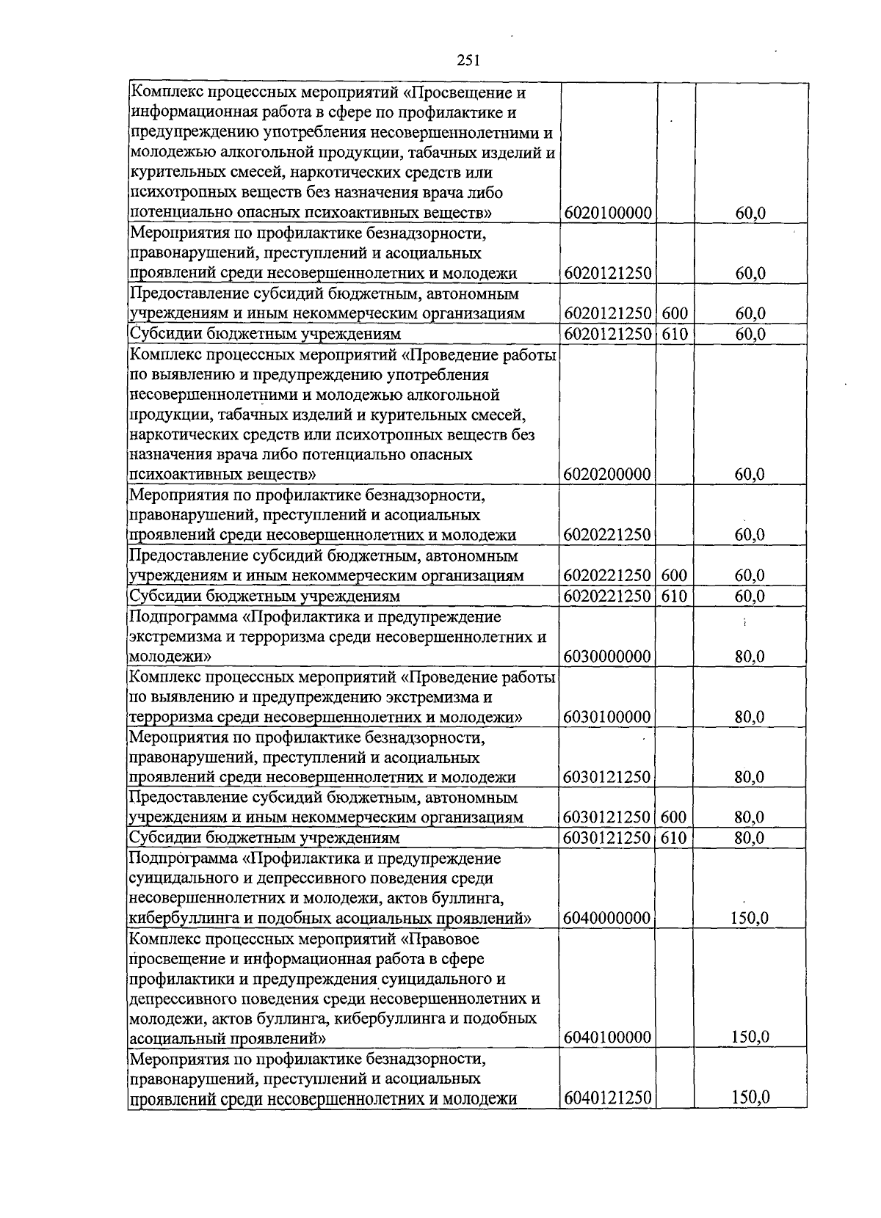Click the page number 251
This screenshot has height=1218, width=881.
(468, 61)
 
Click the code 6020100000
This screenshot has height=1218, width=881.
(608, 213)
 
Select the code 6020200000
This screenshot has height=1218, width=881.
(608, 474)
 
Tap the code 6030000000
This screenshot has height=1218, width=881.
(608, 656)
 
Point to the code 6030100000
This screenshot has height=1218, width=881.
(608, 717)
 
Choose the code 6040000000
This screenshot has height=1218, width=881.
(608, 918)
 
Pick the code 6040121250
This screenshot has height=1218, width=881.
(608, 1098)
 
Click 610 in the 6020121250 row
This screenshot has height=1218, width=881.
(675, 334)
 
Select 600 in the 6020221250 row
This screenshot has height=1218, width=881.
(675, 576)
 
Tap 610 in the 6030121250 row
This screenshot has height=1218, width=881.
(675, 837)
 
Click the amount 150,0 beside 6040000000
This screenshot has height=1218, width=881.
(750, 918)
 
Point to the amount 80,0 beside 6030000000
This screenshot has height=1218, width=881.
(750, 656)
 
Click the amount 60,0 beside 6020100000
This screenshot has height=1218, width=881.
(750, 213)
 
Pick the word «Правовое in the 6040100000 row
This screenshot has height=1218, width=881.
(440, 938)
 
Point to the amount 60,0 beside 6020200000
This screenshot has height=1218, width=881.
(750, 474)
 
